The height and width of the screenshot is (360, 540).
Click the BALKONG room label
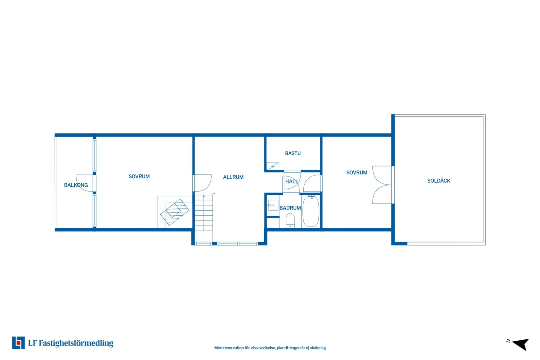tap(76, 185)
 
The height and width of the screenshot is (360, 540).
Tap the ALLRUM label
tap(233, 177)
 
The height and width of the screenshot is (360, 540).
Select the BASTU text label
tap(293, 153)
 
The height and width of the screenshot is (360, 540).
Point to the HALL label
tap(292, 182)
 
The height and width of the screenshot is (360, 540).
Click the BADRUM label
tap(290, 208)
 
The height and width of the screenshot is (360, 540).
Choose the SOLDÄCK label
tap(439, 181)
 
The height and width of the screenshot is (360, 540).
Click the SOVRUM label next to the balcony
tap(139, 176)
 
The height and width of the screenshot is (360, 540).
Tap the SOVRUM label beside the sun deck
tap(357, 173)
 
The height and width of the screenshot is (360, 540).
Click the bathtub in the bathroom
tap(311, 211)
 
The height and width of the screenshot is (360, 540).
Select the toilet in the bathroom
tap(290, 221)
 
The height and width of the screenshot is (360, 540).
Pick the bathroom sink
tap(273, 205)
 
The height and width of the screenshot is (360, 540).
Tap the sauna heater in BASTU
tap(273, 166)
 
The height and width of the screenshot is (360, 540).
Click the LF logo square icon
tap(18, 343)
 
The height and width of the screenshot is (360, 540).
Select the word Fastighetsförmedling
tap(76, 343)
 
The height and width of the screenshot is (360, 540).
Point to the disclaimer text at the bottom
tap(270, 348)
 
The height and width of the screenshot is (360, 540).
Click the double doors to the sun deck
tap(382, 185)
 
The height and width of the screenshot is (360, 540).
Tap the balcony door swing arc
tap(84, 183)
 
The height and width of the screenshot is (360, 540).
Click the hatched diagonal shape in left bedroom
tap(175, 212)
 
